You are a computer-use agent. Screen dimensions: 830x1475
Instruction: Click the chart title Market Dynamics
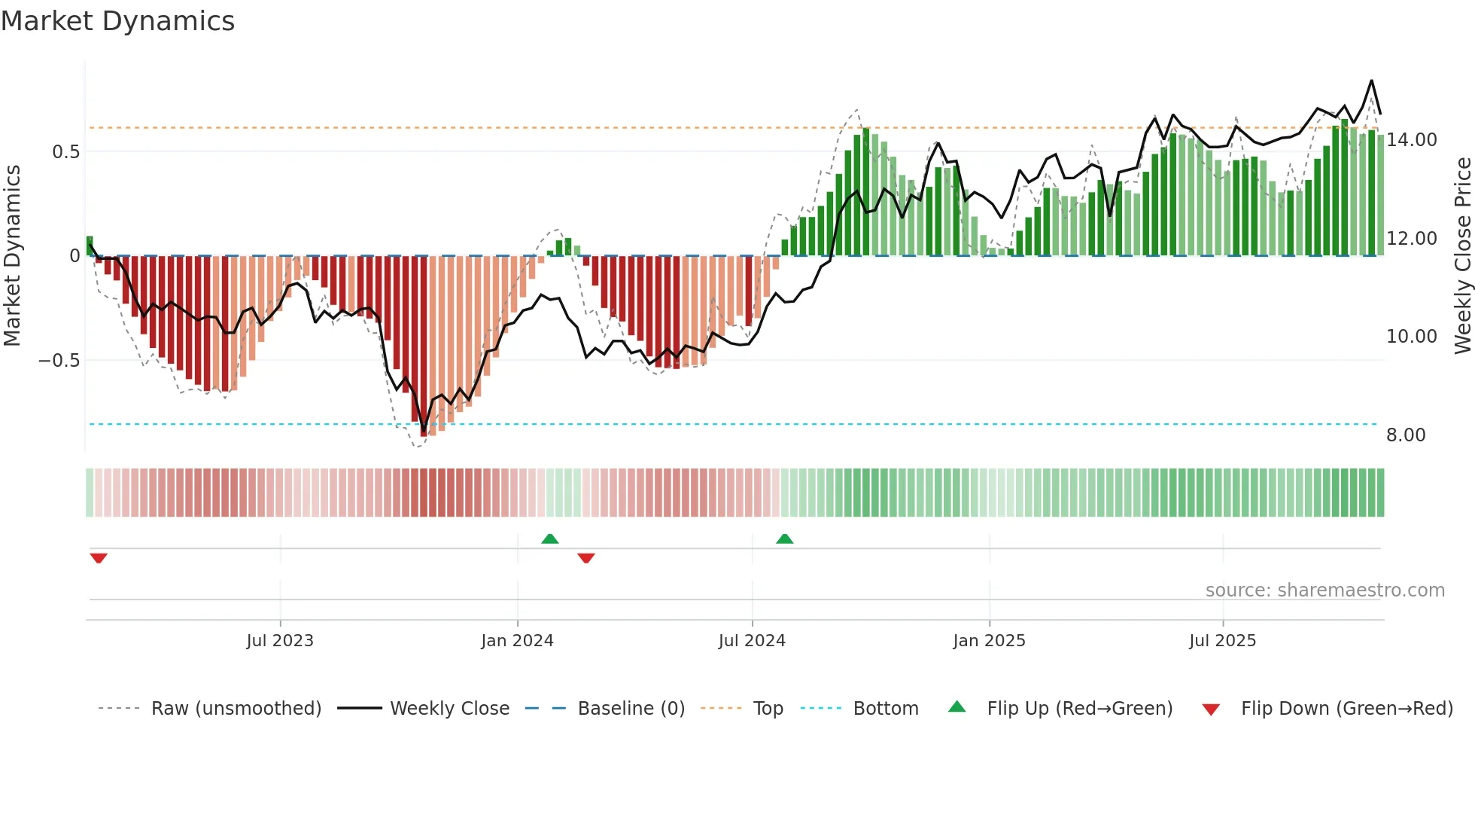click(x=117, y=21)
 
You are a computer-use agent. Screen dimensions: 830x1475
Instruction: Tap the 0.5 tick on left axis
click(x=65, y=152)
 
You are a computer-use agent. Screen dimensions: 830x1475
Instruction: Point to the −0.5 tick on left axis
click(x=59, y=361)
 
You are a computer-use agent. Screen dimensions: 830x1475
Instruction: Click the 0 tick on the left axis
click(x=75, y=256)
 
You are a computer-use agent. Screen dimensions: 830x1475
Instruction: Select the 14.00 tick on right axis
click(x=1412, y=140)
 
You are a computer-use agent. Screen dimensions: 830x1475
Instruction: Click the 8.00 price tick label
click(x=1406, y=435)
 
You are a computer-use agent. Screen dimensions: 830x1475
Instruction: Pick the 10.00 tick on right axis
click(x=1412, y=337)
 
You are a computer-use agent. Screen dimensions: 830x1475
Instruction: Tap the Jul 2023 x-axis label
click(x=280, y=641)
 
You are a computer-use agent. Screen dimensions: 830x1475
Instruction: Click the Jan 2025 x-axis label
click(x=989, y=641)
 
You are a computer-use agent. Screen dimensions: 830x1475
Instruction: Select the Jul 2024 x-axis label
click(x=752, y=641)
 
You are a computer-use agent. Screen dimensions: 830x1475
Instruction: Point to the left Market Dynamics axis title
click(x=12, y=256)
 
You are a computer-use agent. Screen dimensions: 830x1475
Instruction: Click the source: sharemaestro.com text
click(x=1324, y=590)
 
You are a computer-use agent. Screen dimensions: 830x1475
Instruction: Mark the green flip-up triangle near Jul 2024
click(x=784, y=539)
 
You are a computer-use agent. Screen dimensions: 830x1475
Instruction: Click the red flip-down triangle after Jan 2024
click(x=586, y=558)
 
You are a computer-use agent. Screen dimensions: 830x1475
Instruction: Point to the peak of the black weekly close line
click(x=1371, y=81)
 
